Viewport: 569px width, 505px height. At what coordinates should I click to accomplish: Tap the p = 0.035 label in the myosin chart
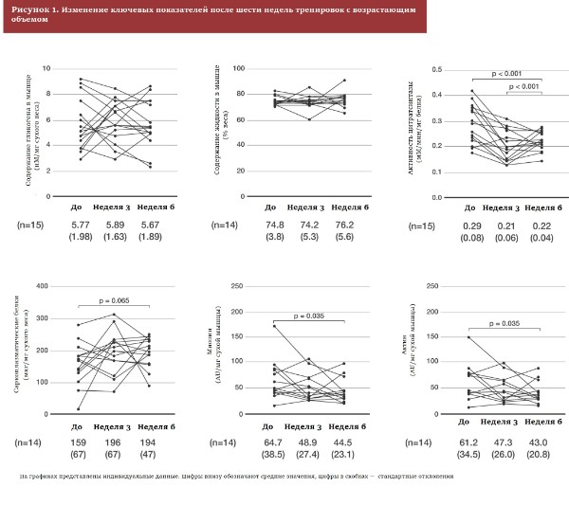(307, 316)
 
